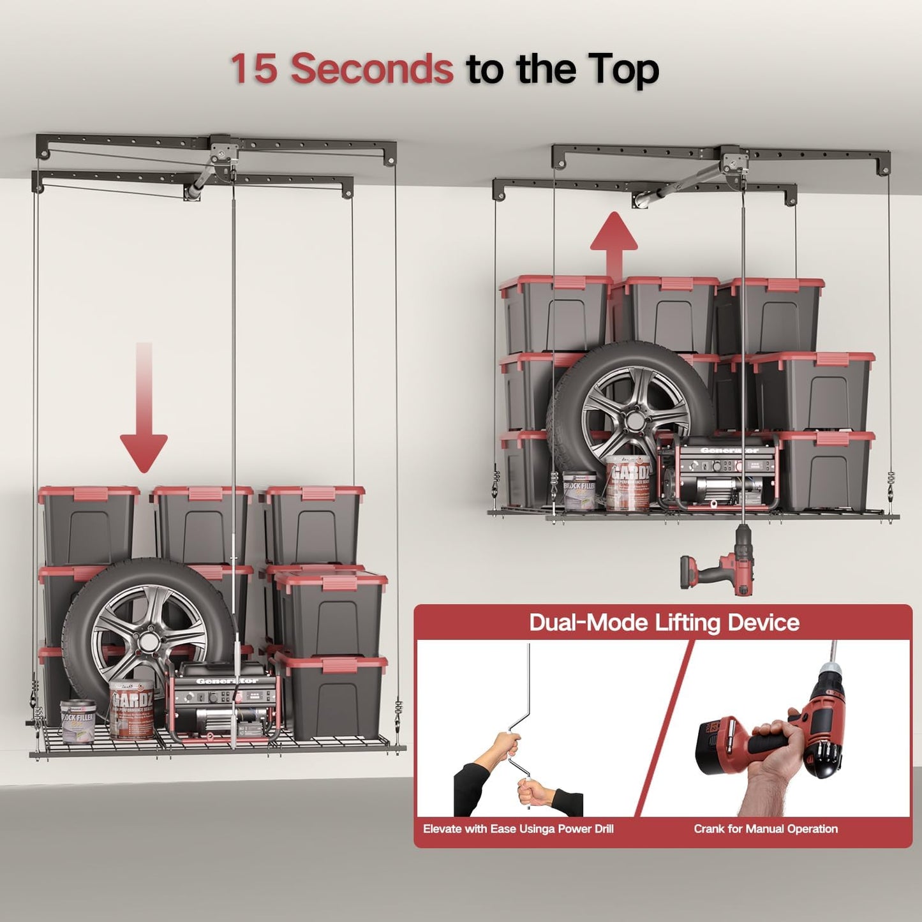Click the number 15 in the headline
(x=254, y=69)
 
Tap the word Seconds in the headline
(x=372, y=69)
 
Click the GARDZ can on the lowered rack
(x=131, y=710)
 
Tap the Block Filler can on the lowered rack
(x=78, y=722)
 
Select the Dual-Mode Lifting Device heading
(x=664, y=623)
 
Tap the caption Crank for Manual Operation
(x=766, y=829)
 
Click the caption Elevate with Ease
(x=518, y=829)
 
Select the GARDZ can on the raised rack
(x=628, y=484)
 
